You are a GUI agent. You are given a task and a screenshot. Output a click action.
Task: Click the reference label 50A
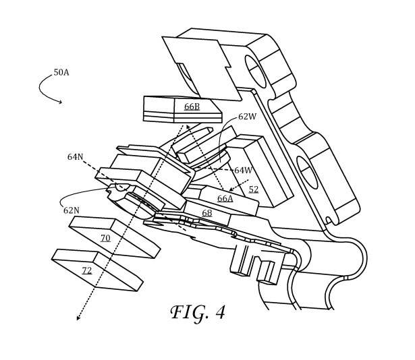[x=61, y=72]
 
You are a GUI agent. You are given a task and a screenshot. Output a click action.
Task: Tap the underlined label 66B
[x=192, y=107]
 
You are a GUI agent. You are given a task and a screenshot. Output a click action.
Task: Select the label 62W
[x=247, y=117]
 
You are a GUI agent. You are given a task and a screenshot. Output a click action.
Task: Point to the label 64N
[x=75, y=157]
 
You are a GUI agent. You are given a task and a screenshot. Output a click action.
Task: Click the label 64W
[x=243, y=170]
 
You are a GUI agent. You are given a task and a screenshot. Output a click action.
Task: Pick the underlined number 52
[x=254, y=189]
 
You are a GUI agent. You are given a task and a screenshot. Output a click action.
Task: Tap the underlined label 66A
[x=225, y=198]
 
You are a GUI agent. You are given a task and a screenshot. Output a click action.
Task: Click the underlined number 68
[x=206, y=213]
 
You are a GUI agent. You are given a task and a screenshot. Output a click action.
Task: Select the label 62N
[x=72, y=210]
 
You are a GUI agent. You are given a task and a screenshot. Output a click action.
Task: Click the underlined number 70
[x=105, y=239]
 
